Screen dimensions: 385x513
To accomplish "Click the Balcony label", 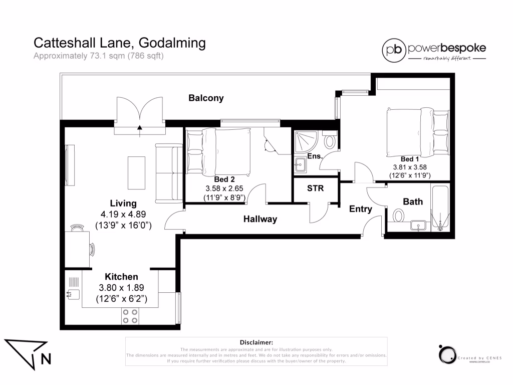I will [206, 98].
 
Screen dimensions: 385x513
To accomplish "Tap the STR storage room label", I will [315, 188].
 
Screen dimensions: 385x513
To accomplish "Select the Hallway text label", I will [260, 219].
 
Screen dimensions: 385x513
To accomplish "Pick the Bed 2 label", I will [224, 179].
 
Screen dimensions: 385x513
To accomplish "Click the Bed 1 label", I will [410, 159].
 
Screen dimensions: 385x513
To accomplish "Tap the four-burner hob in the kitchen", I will [130, 315].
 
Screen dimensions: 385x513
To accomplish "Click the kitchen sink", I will [72, 294].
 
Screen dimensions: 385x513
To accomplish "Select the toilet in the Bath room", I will [399, 216].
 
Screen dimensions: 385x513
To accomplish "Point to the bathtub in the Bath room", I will [440, 208].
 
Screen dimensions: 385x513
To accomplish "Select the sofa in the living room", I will [168, 170].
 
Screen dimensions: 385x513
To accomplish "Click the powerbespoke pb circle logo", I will [394, 49].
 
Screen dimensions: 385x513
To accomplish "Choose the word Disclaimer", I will [256, 342].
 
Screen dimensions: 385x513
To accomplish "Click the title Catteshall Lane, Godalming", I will [119, 43].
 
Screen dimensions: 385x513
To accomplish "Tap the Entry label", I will [360, 209].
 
